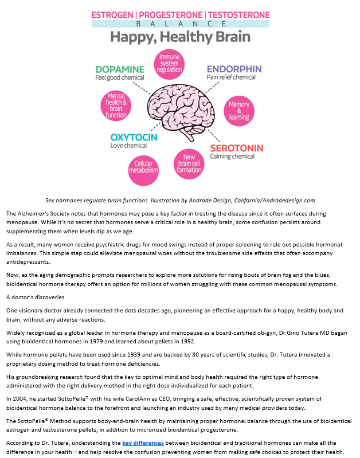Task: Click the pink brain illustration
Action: click(181, 112)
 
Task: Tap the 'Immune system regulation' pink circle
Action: click(169, 64)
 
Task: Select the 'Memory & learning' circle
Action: click(239, 111)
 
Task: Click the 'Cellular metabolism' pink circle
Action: click(143, 170)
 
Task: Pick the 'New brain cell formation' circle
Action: click(189, 164)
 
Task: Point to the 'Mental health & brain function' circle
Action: click(116, 105)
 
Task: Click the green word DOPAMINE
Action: click(120, 69)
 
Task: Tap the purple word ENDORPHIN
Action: click(234, 69)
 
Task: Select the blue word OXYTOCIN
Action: click(134, 137)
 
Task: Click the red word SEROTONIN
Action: click(237, 148)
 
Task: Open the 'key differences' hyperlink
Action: click(143, 443)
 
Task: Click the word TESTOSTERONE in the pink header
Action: click(238, 15)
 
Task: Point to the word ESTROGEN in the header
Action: click(112, 15)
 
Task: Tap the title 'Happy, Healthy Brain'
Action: click(181, 37)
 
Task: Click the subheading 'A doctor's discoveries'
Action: click(36, 297)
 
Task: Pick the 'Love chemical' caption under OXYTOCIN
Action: click(128, 146)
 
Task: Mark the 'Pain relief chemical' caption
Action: click(231, 77)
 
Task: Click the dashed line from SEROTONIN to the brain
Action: click(214, 135)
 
